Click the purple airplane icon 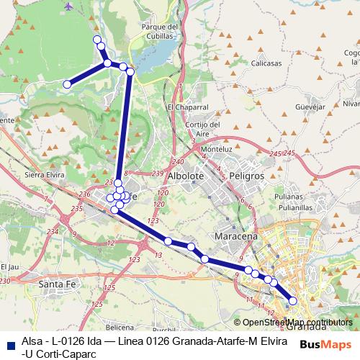68,6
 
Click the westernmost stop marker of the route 67,84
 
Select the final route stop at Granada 293,300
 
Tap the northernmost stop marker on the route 97,39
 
